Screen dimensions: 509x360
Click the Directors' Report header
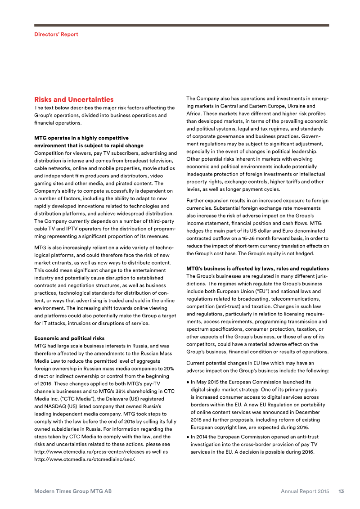tap(56, 34)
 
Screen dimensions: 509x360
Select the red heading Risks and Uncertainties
tap(74, 99)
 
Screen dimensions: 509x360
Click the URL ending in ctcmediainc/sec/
tap(85, 459)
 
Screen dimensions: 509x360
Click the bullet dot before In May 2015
tap(188, 382)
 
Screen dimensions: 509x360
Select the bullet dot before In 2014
tap(188, 437)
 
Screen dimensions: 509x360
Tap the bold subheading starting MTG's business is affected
tap(257, 269)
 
